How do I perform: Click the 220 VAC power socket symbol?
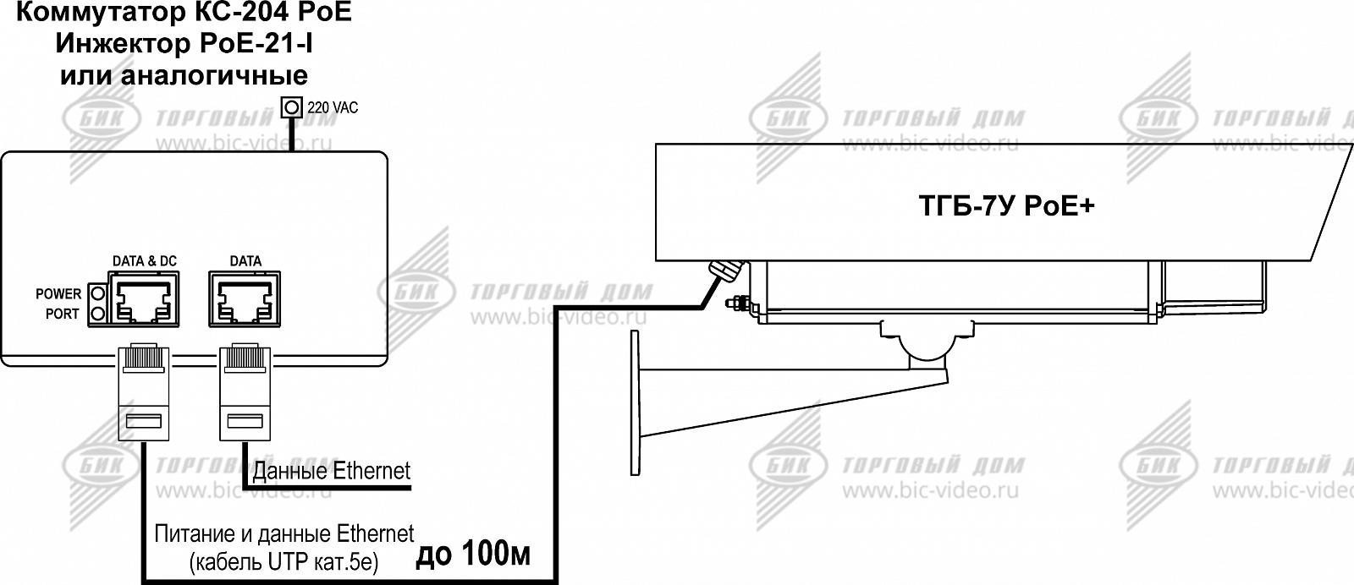pos(292,107)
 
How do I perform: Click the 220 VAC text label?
pos(333,107)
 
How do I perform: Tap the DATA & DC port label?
pos(145,261)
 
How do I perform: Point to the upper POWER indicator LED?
pos(98,294)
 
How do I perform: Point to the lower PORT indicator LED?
pos(98,314)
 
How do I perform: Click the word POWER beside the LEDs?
pos(58,294)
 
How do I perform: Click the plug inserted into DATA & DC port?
pos(143,391)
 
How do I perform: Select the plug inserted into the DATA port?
pos(245,391)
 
